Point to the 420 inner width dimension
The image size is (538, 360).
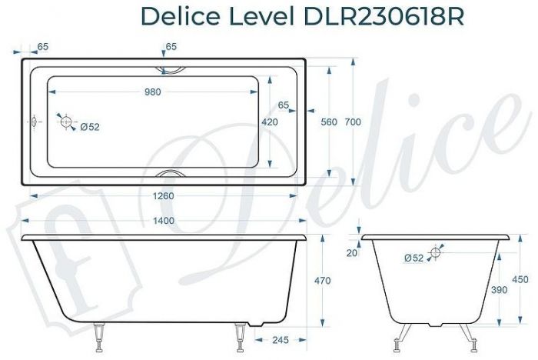click(270, 122)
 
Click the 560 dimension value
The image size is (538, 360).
click(330, 122)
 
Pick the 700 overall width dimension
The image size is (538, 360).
click(353, 122)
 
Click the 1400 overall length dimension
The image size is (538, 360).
click(164, 222)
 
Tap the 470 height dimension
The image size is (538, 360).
click(323, 281)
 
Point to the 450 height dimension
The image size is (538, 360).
click(520, 280)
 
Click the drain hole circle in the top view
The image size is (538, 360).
click(66, 122)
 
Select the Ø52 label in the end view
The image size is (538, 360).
click(413, 258)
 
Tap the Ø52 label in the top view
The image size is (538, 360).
click(90, 128)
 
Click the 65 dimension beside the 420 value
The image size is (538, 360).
click(284, 105)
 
